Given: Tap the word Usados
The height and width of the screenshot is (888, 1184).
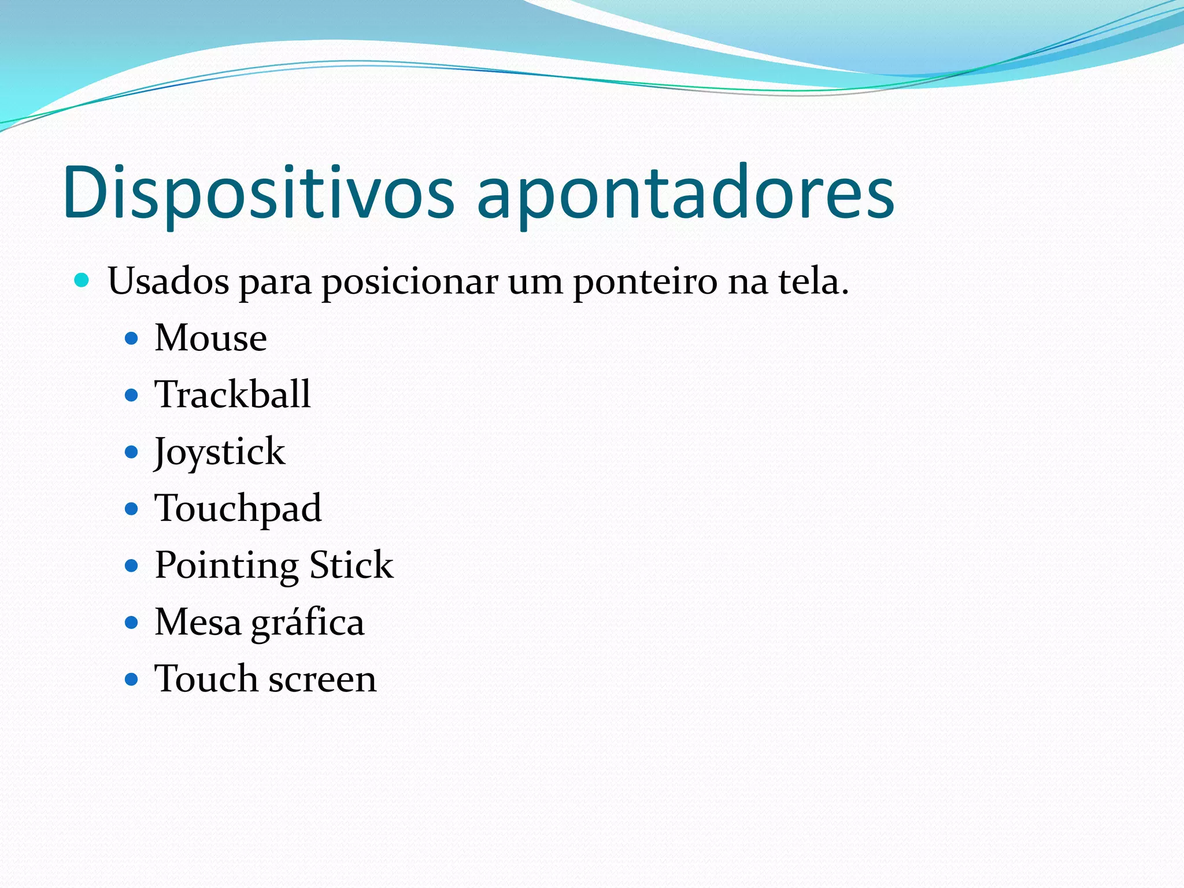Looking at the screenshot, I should click(168, 282).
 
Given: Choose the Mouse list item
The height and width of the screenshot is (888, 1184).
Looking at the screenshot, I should click(211, 338).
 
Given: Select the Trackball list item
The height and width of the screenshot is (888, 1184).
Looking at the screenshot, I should click(232, 394).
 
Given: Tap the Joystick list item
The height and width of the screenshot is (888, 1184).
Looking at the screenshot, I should click(220, 452).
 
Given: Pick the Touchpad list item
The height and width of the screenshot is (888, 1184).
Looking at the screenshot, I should click(238, 509).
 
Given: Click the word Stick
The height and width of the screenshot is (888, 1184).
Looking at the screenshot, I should click(351, 565).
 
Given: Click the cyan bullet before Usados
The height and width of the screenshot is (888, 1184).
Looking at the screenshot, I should click(82, 281).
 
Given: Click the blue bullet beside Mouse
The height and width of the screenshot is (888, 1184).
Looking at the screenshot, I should click(132, 338).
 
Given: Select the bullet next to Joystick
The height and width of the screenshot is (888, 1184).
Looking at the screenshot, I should click(132, 452).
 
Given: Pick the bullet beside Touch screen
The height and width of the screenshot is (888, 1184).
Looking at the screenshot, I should click(132, 679).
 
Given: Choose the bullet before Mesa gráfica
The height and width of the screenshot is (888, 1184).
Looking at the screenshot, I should click(132, 623).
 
